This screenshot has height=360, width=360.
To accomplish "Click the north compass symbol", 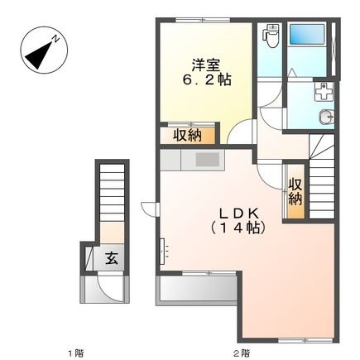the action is pyautogui.click(x=44, y=50).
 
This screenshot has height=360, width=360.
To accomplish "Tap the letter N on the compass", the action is pyautogui.click(x=56, y=39).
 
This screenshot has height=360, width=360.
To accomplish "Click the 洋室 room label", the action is pyautogui.click(x=206, y=65).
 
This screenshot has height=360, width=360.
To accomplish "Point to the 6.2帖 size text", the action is pyautogui.click(x=206, y=79).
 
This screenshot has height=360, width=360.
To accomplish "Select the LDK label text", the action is pyautogui.click(x=238, y=213).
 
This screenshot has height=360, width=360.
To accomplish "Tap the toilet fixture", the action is pyautogui.click(x=271, y=36).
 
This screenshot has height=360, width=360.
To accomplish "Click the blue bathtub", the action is pyautogui.click(x=307, y=34).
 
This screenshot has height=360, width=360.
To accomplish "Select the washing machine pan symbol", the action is pyautogui.click(x=324, y=92).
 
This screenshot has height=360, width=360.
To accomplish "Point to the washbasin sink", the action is pyautogui.click(x=327, y=118).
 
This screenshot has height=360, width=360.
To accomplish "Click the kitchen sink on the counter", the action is pyautogui.click(x=208, y=161).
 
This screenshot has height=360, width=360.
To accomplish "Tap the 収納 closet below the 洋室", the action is pyautogui.click(x=187, y=136).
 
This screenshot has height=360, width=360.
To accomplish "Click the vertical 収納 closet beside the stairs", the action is pyautogui.click(x=295, y=192).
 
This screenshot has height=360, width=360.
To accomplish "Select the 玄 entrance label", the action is pyautogui.click(x=112, y=258).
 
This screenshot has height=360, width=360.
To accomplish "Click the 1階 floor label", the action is pyautogui.click(x=76, y=353).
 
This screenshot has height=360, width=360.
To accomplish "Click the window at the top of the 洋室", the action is pyautogui.click(x=203, y=20).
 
